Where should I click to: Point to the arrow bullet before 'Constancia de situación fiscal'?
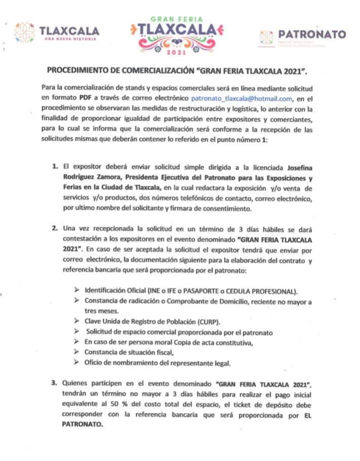pyautogui.click(x=76, y=352)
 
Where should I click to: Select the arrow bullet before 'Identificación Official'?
pyautogui.click(x=76, y=291)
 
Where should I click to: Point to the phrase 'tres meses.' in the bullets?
pyautogui.click(x=101, y=311)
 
